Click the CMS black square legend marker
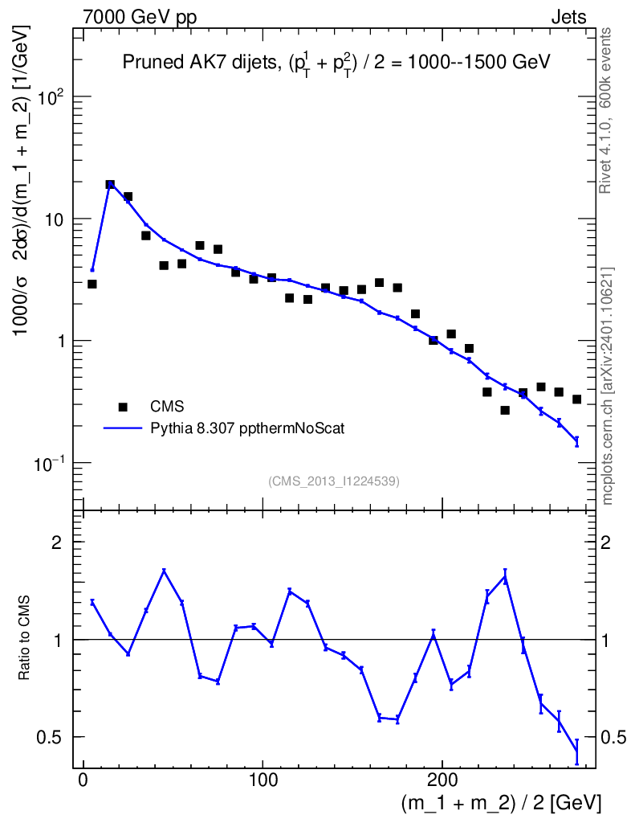pos(123,407)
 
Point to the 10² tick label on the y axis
pos(50,96)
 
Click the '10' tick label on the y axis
pos(53,219)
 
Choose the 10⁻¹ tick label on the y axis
pos(50,462)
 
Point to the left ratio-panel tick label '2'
pos(57,542)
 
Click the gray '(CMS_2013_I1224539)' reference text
pos(334,481)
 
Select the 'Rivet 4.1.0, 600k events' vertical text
pos(607,109)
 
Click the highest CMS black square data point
pos(110,185)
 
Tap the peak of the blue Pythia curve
pos(110,184)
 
